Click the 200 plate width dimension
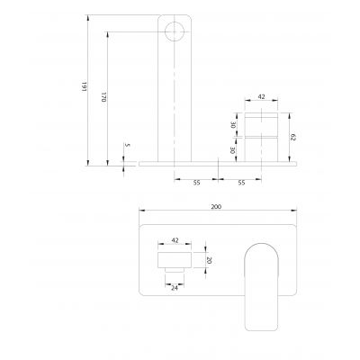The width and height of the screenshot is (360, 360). pos(215,206)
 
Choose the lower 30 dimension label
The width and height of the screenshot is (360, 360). pos(235,150)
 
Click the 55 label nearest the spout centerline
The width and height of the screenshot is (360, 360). pos(197,182)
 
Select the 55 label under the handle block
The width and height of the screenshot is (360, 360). pos(242,182)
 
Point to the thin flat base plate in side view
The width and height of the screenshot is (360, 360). pos(216,164)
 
